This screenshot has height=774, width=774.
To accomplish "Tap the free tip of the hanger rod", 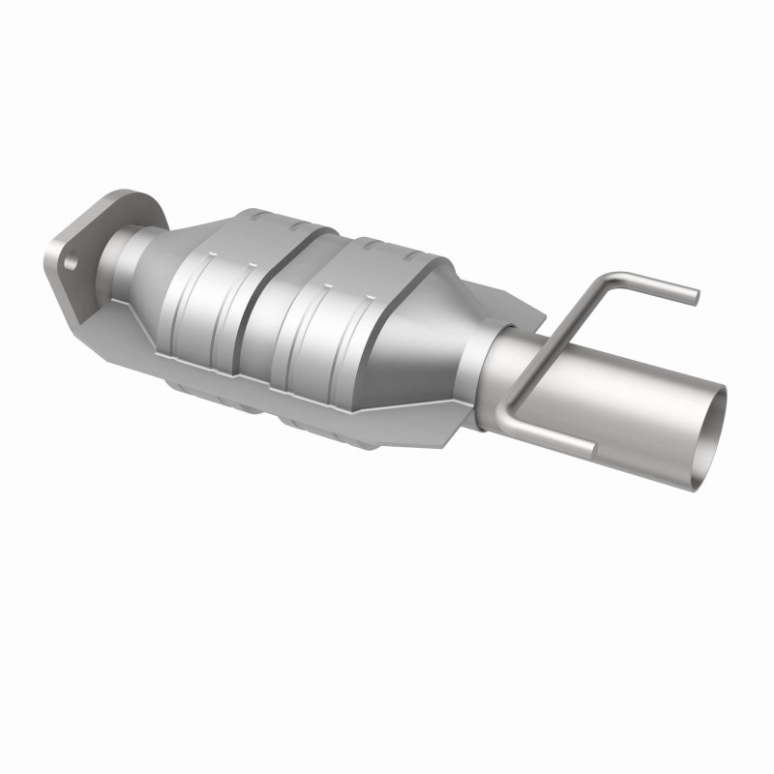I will coord(691,294).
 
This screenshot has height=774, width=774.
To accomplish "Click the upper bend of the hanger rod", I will coord(606,282).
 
